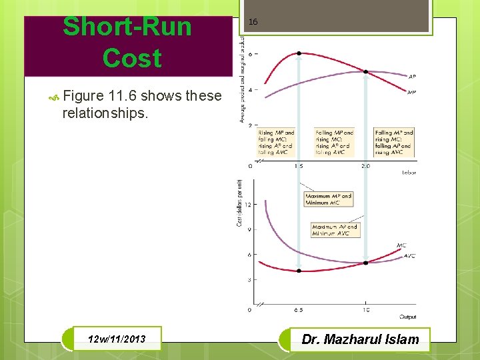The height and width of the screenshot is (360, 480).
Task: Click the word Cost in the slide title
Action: coord(132,58)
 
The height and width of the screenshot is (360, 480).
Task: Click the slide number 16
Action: coord(253,22)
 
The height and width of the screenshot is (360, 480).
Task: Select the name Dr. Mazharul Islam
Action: coord(361,339)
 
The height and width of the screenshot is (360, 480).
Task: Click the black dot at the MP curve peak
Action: coord(299,53)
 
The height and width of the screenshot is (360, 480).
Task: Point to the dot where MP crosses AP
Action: coord(365,71)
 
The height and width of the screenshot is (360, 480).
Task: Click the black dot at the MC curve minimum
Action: coord(299,271)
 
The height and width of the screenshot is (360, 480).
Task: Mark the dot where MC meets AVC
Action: coord(365,263)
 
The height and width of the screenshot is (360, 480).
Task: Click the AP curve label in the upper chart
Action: coord(411,76)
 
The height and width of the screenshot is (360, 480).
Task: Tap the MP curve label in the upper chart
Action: coord(411,92)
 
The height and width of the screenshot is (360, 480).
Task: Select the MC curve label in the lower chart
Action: coord(401,246)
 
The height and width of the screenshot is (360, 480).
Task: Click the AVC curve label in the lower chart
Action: coord(409,256)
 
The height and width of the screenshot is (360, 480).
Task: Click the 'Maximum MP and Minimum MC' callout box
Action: coord(328,199)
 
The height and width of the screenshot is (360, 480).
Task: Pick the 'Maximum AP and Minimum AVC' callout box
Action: coord(335,230)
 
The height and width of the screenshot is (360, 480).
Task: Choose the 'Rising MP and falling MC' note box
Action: coord(276,143)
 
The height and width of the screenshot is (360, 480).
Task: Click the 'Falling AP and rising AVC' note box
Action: coord(393,143)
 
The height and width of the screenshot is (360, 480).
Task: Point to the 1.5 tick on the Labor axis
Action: coord(299,166)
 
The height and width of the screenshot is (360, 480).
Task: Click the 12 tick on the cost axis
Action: coord(248,205)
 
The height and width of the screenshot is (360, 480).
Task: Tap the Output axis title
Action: coord(408,317)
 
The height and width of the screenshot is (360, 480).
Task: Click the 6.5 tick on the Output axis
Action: coord(299,310)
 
